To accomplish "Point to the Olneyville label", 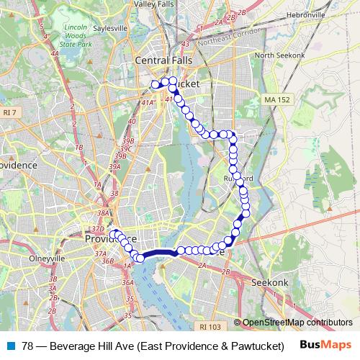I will [48, 257].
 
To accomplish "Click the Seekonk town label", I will [270, 283].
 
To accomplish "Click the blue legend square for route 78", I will [11, 345].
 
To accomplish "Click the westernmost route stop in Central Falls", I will [154, 84].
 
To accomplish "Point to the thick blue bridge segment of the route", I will [158, 253].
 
